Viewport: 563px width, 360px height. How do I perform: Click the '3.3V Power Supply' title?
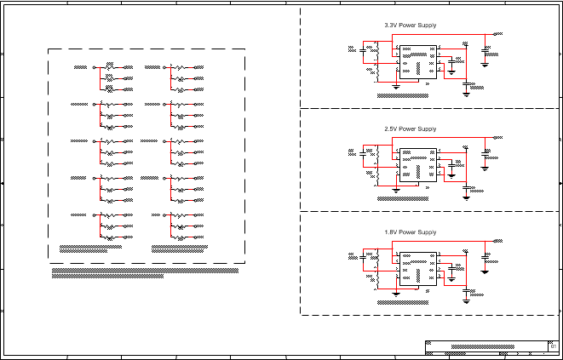(x=411, y=26)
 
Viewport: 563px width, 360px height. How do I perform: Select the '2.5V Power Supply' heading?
(x=411, y=129)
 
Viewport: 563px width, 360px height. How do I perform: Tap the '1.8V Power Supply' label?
(x=411, y=231)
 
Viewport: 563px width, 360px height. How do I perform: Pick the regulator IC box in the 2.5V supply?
(x=418, y=164)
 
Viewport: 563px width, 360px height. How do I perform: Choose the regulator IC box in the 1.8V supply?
(x=418, y=267)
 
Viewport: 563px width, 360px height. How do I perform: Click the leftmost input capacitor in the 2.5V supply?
(x=365, y=154)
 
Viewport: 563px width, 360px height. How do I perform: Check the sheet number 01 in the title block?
(x=554, y=346)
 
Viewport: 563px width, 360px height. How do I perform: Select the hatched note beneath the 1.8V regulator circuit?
(x=404, y=301)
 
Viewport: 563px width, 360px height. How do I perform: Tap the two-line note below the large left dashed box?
(x=145, y=271)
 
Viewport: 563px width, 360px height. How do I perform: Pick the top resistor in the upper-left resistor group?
(x=109, y=66)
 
